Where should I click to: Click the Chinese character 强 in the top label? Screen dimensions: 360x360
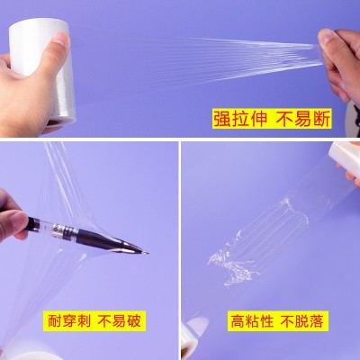click(222, 119)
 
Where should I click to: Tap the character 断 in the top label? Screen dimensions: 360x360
click(321, 119)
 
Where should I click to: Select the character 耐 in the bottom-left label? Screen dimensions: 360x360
click(56, 320)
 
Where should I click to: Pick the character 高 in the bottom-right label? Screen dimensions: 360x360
click(238, 321)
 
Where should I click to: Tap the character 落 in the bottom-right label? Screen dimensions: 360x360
click(316, 321)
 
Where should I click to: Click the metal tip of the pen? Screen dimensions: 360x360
click(146, 252)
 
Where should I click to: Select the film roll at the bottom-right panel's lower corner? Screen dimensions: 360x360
click(194, 338)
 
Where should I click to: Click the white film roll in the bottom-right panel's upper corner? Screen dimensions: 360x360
click(345, 156)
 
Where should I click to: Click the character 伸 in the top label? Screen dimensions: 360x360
click(257, 119)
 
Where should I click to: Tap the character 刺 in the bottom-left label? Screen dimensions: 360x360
click(83, 320)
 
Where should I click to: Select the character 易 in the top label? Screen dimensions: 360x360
click(303, 119)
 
